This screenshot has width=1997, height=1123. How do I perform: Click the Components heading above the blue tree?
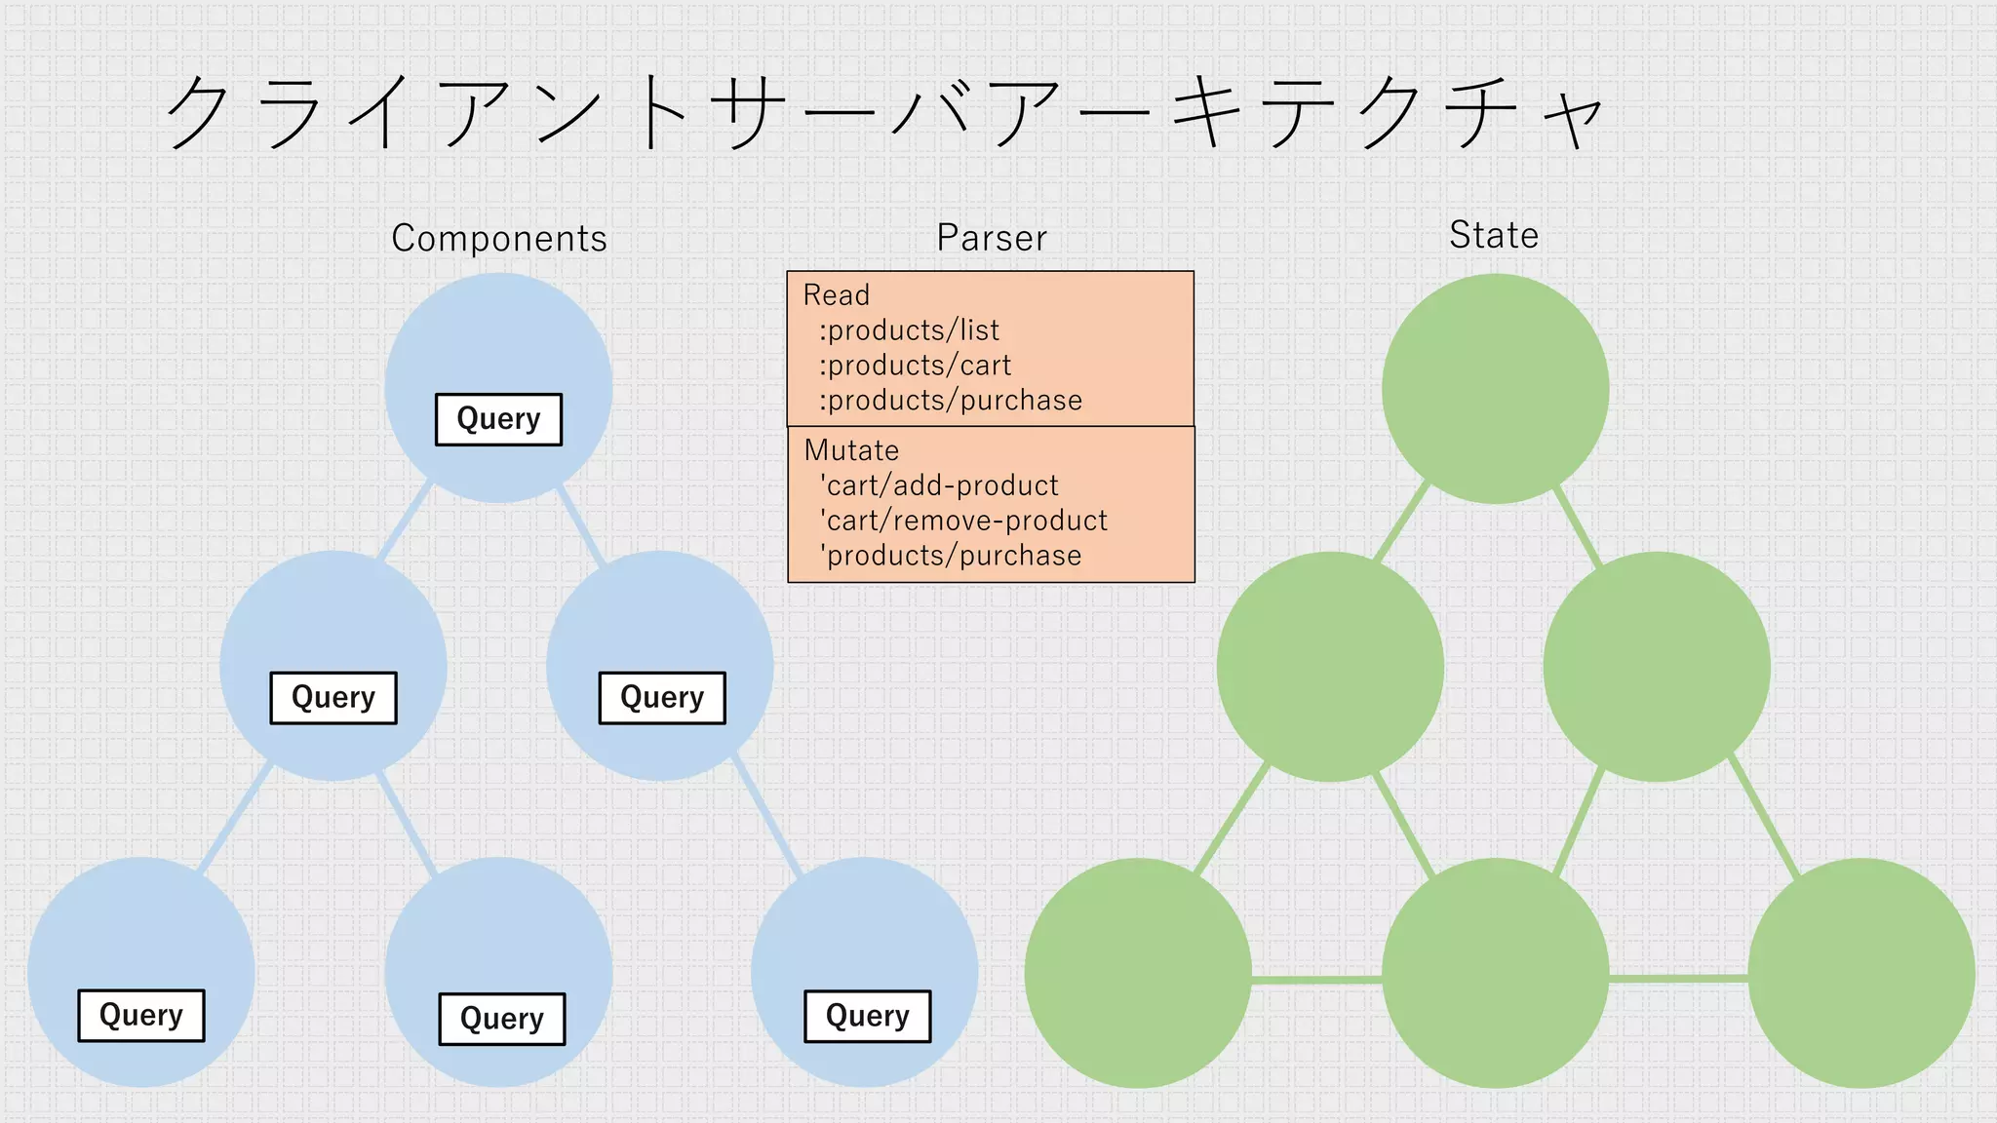498,238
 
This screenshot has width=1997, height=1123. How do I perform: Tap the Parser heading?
992,238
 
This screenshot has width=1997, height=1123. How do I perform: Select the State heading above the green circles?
1493,235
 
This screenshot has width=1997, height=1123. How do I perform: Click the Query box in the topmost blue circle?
498,419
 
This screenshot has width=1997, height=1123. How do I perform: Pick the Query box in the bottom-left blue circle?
141,1016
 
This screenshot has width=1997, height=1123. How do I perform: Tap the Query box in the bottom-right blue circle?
867,1017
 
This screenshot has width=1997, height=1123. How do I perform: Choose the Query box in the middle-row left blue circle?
333,698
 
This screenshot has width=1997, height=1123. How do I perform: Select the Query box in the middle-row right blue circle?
662,698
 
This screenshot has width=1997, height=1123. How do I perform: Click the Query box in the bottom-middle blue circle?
502,1020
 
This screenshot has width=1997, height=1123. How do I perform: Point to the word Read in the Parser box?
836,295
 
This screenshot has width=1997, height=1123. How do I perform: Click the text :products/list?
909,330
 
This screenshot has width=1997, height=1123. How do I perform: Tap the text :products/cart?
915,366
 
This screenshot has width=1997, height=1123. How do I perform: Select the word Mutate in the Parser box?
851,450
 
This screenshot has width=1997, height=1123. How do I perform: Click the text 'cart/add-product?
939,485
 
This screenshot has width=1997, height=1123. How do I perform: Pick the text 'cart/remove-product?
963,521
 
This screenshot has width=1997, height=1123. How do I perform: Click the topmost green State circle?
1495,388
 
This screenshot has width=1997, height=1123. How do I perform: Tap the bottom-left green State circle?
1138,973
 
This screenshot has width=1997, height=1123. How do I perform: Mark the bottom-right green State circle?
1860,973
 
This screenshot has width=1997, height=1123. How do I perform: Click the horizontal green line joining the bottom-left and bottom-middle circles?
1316,979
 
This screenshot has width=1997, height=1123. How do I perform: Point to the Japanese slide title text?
882,113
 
